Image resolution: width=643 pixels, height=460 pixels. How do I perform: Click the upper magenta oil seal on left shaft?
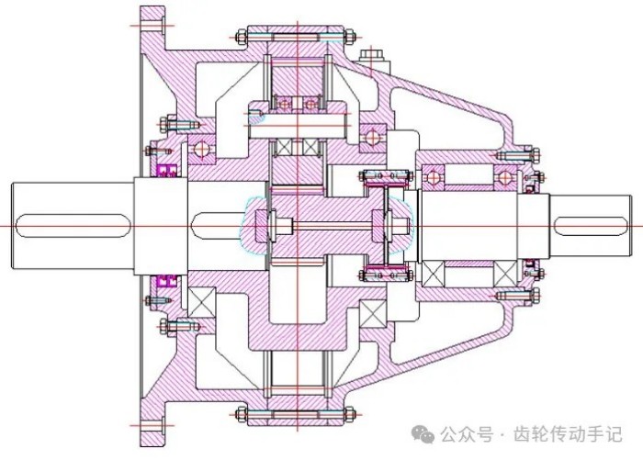point(167,171)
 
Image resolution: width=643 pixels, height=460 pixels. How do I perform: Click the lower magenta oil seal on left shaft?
point(167,278)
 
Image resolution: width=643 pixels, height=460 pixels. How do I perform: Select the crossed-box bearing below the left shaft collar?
point(202,299)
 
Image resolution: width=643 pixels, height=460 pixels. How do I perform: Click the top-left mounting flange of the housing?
point(152,28)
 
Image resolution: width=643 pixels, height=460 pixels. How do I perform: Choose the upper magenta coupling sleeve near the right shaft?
point(384,176)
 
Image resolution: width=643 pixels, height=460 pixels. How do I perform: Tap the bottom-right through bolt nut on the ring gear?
point(350,411)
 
